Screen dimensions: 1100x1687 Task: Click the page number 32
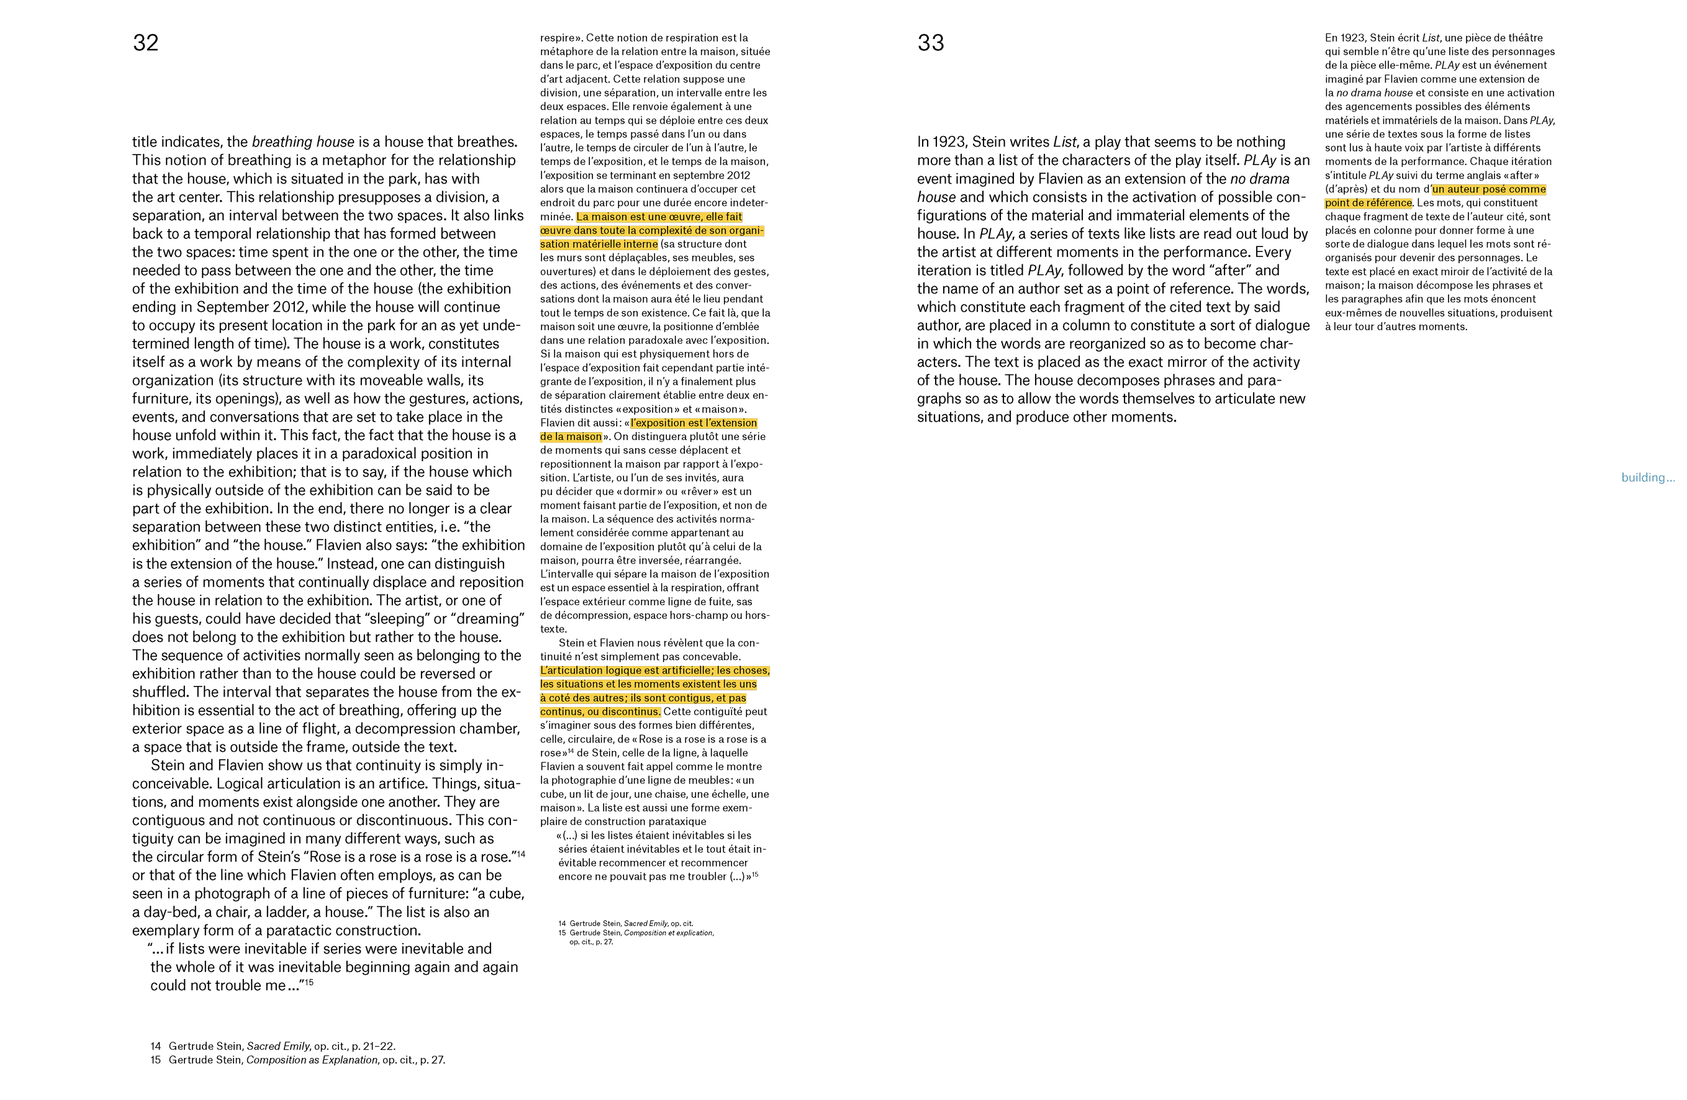(x=145, y=43)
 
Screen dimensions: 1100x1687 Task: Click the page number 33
(x=930, y=43)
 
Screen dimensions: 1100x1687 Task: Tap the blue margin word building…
(x=1647, y=478)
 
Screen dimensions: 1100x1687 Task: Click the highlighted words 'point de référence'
(x=1368, y=204)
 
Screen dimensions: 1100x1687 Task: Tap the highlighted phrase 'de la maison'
(x=571, y=436)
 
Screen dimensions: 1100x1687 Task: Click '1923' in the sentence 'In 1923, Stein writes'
(x=950, y=142)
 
